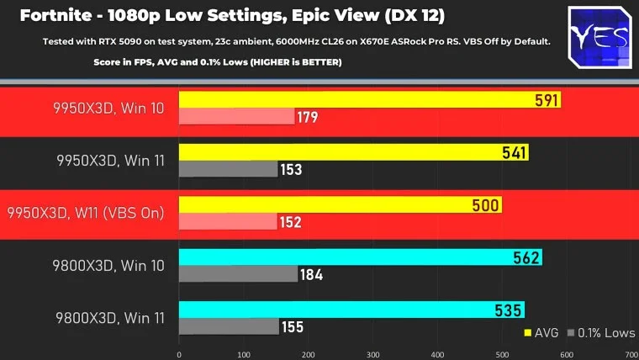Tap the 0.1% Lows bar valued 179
coord(236,117)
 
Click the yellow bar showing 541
coord(353,152)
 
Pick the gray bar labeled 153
coord(228,169)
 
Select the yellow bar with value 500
coord(340,205)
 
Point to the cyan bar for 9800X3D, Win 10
coord(360,257)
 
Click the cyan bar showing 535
coord(351,310)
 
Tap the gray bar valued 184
coord(238,274)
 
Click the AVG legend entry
coord(542,332)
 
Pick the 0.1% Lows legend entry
coord(600,332)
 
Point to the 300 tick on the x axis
coord(372,354)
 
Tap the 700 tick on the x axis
coord(631,354)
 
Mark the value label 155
coord(293,326)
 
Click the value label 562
coord(525,257)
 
